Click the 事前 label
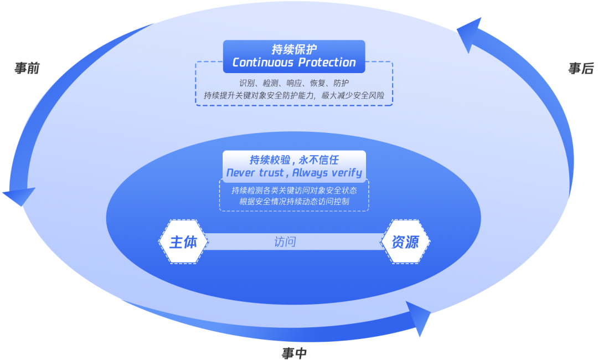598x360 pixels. (27, 69)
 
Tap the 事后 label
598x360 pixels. (581, 69)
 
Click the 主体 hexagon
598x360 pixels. (183, 242)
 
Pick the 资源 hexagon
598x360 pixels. (405, 242)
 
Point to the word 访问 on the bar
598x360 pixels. (285, 242)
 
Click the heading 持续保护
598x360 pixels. (294, 49)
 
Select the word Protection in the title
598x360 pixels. (327, 62)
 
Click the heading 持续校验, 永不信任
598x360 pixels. (294, 160)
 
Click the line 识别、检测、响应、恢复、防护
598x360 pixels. (294, 83)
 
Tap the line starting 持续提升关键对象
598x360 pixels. (294, 95)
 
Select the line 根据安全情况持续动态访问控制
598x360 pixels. (294, 202)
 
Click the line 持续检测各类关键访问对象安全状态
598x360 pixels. (294, 191)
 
